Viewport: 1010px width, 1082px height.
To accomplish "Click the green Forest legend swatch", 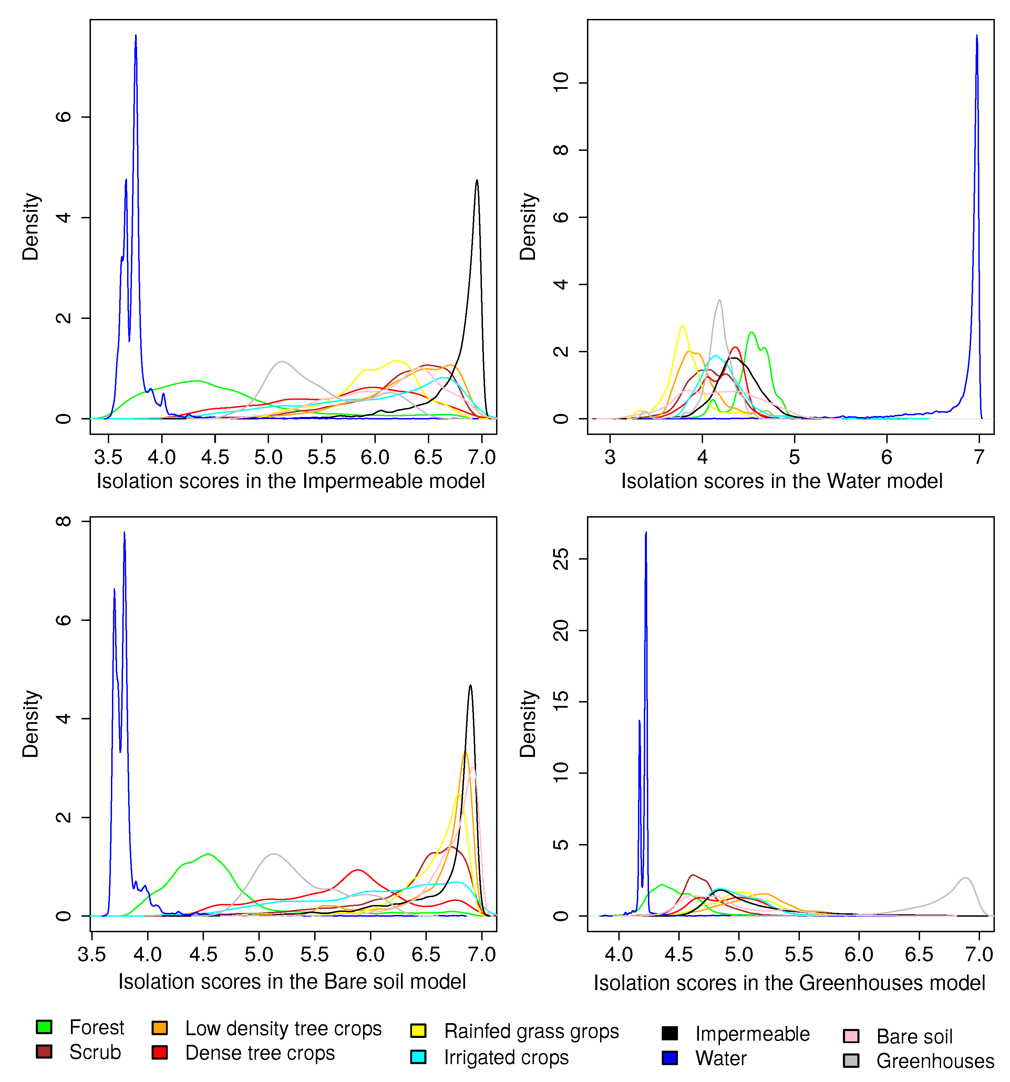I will pos(44,1027).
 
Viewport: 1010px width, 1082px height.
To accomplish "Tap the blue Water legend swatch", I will pos(670,1058).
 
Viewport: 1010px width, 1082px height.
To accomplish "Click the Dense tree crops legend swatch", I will pos(159,1052).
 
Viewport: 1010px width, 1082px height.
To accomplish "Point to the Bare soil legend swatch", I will pos(851,1036).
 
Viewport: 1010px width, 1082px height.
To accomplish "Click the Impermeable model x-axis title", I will pos(291,481).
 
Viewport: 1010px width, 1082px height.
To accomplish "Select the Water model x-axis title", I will pos(782,481).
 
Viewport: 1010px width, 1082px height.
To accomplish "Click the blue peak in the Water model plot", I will pos(977,37).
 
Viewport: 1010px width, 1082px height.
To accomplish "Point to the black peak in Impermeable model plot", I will pos(477,181).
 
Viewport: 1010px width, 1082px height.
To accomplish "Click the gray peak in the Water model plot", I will pos(720,301).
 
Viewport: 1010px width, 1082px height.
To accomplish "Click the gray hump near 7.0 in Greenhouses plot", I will pos(965,878).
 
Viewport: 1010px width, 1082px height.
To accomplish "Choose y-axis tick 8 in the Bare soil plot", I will pos(64,521).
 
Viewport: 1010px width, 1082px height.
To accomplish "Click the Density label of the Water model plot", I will pos(528,226).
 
